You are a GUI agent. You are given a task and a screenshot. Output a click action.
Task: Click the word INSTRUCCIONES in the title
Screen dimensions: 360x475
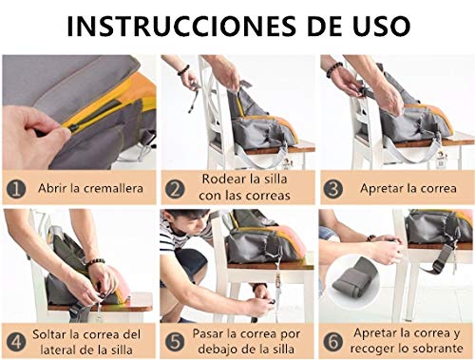[164, 26]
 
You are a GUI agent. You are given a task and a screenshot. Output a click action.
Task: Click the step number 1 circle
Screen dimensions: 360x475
[16, 188]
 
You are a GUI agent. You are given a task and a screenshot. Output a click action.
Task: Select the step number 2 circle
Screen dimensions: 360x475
[175, 188]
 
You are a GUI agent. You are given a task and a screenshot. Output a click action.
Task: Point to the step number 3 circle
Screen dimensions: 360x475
[333, 188]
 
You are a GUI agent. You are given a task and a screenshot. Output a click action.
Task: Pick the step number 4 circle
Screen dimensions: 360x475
[16, 341]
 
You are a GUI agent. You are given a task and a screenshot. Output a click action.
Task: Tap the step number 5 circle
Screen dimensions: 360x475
[175, 341]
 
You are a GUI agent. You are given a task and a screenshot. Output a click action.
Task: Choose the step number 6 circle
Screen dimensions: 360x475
[333, 341]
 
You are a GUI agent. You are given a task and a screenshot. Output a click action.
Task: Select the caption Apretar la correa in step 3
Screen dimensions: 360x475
[403, 188]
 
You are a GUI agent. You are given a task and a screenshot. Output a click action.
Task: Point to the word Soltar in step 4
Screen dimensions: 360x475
[56, 333]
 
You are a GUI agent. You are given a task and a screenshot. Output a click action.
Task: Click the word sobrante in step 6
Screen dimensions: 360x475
[434, 350]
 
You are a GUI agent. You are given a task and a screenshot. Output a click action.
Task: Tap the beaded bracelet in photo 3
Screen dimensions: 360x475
[334, 69]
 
